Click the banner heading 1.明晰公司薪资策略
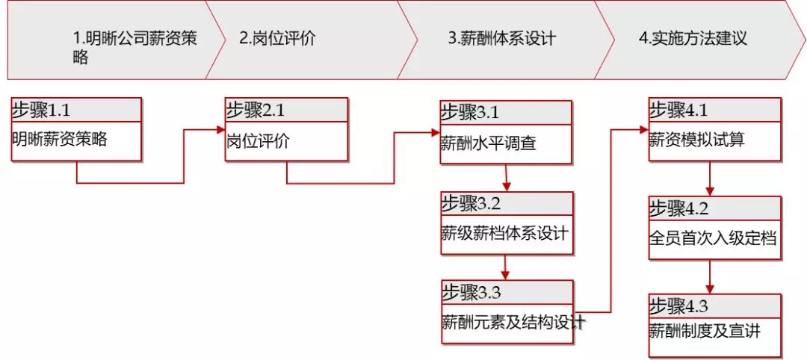click(134, 47)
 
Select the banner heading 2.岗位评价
click(277, 38)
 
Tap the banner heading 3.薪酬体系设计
click(501, 38)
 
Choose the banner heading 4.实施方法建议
click(693, 38)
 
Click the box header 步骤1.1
click(41, 111)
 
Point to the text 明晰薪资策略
click(60, 139)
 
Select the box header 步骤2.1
click(255, 111)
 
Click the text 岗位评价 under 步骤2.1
click(258, 140)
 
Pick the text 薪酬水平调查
click(488, 142)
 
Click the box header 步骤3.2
click(470, 203)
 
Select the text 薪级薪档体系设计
click(505, 232)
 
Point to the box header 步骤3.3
click(470, 292)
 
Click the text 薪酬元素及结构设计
click(513, 323)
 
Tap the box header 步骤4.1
click(678, 110)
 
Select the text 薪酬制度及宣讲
click(705, 330)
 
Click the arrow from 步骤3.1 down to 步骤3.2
click(507, 179)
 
